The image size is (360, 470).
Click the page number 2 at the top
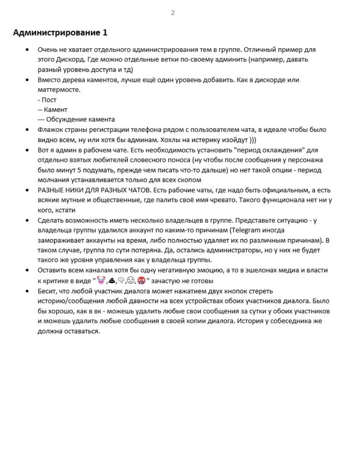point(173,13)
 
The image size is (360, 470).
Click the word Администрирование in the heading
point(56,33)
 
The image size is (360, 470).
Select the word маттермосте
point(59,90)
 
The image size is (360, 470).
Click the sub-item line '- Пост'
point(47,100)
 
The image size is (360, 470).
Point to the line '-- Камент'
point(53,109)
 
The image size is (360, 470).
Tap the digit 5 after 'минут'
point(79,170)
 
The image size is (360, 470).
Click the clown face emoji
point(101,280)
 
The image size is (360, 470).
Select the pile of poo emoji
point(111,280)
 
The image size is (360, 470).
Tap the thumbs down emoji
point(121,280)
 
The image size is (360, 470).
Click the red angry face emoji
point(141,280)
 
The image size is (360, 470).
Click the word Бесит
point(46,291)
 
